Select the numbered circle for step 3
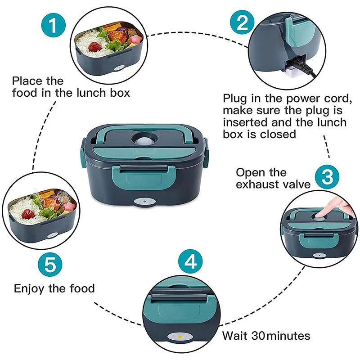(x=327, y=177)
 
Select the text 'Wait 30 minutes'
(x=266, y=336)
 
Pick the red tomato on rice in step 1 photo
(x=94, y=46)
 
